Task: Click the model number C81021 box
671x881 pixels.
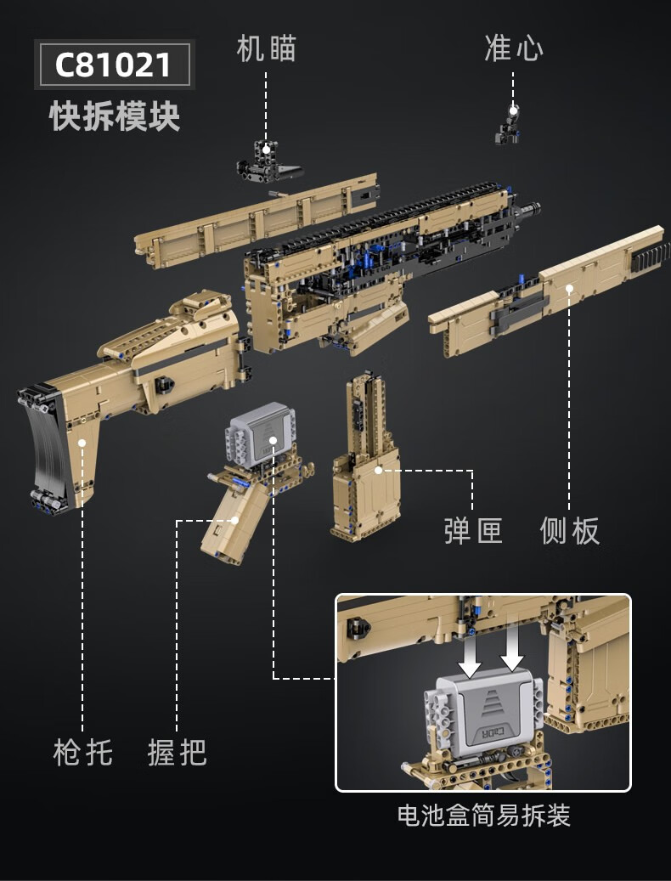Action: tap(114, 65)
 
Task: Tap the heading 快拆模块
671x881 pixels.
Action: tap(115, 116)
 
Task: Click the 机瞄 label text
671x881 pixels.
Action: tap(266, 48)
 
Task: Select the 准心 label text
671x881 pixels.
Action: tap(513, 48)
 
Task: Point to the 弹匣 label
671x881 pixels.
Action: tap(473, 531)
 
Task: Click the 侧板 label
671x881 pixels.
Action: tap(570, 531)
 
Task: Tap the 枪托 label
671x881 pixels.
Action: tap(82, 752)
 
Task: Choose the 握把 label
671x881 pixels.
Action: tap(177, 752)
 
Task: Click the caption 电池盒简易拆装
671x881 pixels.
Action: tap(483, 816)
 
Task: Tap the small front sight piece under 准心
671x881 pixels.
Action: tap(510, 125)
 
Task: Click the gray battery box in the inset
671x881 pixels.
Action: tap(480, 709)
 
